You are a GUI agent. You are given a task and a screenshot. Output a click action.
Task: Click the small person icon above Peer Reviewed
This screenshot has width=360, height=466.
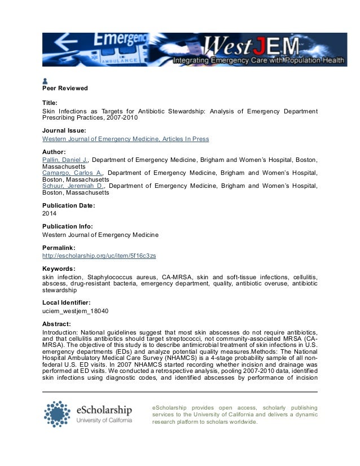click(46, 81)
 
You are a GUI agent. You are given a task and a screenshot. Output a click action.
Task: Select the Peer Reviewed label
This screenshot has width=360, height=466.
click(65, 89)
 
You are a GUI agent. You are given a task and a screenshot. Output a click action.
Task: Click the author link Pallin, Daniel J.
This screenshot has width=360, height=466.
click(65, 161)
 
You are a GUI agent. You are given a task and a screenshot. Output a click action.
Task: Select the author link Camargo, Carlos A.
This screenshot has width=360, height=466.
click(73, 173)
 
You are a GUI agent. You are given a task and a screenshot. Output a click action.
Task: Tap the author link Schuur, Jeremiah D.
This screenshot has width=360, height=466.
click(73, 185)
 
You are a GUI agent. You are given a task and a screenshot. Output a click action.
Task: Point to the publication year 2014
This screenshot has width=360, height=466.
click(49, 214)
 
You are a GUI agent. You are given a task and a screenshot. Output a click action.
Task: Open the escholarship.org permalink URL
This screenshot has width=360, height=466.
click(99, 256)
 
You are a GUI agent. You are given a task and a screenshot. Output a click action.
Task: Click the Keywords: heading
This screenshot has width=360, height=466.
click(59, 269)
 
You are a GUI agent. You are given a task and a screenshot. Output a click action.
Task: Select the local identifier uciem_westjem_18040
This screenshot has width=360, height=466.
click(76, 311)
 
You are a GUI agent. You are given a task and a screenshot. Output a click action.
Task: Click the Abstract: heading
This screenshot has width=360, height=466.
click(56, 324)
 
